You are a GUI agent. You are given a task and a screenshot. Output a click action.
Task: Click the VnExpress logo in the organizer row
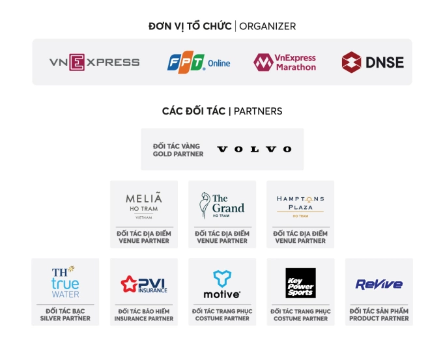(94, 62)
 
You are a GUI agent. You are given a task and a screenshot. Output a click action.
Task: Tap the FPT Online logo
(199, 62)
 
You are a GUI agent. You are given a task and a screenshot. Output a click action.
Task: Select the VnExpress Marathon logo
(285, 62)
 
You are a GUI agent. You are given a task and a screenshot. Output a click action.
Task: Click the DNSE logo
(373, 62)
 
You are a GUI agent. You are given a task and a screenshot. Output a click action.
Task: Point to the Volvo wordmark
(254, 149)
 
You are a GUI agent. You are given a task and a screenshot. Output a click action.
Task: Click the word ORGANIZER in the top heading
(267, 26)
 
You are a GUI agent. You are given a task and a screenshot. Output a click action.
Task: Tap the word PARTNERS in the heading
(258, 111)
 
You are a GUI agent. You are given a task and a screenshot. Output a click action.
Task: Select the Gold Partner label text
(178, 150)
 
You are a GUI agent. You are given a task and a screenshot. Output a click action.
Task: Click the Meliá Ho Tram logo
(144, 204)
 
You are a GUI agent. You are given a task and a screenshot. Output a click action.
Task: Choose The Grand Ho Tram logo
(222, 205)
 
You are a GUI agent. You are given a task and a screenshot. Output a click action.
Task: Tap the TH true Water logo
(65, 281)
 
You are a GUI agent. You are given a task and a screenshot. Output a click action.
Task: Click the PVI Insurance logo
(143, 284)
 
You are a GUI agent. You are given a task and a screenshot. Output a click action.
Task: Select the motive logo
(222, 284)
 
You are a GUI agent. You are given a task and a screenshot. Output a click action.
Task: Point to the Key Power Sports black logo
(300, 283)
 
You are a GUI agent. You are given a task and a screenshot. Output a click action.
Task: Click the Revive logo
(379, 284)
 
